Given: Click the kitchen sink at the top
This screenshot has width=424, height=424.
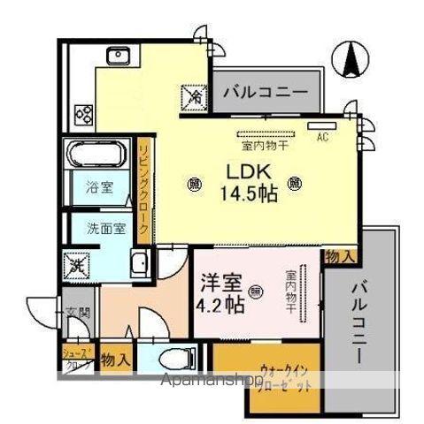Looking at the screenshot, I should tap(118, 56).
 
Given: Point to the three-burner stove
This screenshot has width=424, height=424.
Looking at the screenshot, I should tap(84, 112).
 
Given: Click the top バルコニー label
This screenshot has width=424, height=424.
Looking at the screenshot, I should tap(265, 91).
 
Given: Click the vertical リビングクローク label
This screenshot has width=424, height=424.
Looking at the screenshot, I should tap(142, 185).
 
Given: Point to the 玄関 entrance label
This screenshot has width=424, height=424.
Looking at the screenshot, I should tap(73, 311).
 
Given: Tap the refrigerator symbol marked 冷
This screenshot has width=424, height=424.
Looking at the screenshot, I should tap(193, 95).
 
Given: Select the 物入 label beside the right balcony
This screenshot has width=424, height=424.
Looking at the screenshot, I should tap(340, 256).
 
